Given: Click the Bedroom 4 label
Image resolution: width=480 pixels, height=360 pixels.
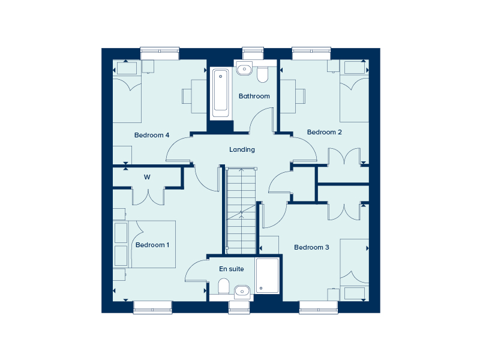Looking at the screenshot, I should tap(151, 135).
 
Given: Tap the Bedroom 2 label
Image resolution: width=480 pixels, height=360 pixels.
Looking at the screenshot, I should tap(324, 132).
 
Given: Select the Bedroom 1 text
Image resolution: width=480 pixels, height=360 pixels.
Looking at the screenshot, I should tap(152, 245).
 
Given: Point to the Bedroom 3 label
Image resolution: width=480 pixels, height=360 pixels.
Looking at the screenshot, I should tap(311, 247).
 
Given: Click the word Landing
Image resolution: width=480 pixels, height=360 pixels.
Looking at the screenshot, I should tap(242, 149).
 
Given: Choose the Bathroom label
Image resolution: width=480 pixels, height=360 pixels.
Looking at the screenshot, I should tap(254, 96).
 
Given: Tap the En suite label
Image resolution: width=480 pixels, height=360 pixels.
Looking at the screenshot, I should tap(231, 269).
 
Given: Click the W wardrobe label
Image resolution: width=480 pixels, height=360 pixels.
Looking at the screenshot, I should tap(146, 177).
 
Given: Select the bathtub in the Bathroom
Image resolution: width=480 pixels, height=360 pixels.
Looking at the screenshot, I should tap(220, 93).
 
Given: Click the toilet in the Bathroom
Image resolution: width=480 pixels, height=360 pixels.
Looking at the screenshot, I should tap(262, 74).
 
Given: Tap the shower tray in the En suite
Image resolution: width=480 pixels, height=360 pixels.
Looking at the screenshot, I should tap(267, 275).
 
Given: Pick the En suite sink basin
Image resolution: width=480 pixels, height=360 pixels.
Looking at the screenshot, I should tap(242, 290).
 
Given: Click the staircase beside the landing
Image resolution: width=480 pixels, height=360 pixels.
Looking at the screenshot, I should tap(241, 210).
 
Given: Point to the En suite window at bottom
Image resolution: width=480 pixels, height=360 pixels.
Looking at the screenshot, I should tap(239, 307).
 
